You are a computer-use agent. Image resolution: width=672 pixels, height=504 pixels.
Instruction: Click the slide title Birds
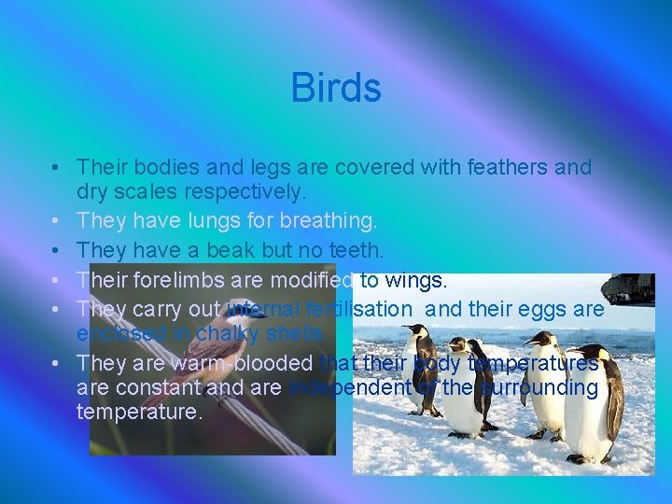[336, 89]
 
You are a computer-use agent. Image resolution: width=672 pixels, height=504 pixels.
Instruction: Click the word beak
[229, 250]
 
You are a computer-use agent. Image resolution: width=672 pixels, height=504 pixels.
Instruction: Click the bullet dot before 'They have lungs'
[58, 222]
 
